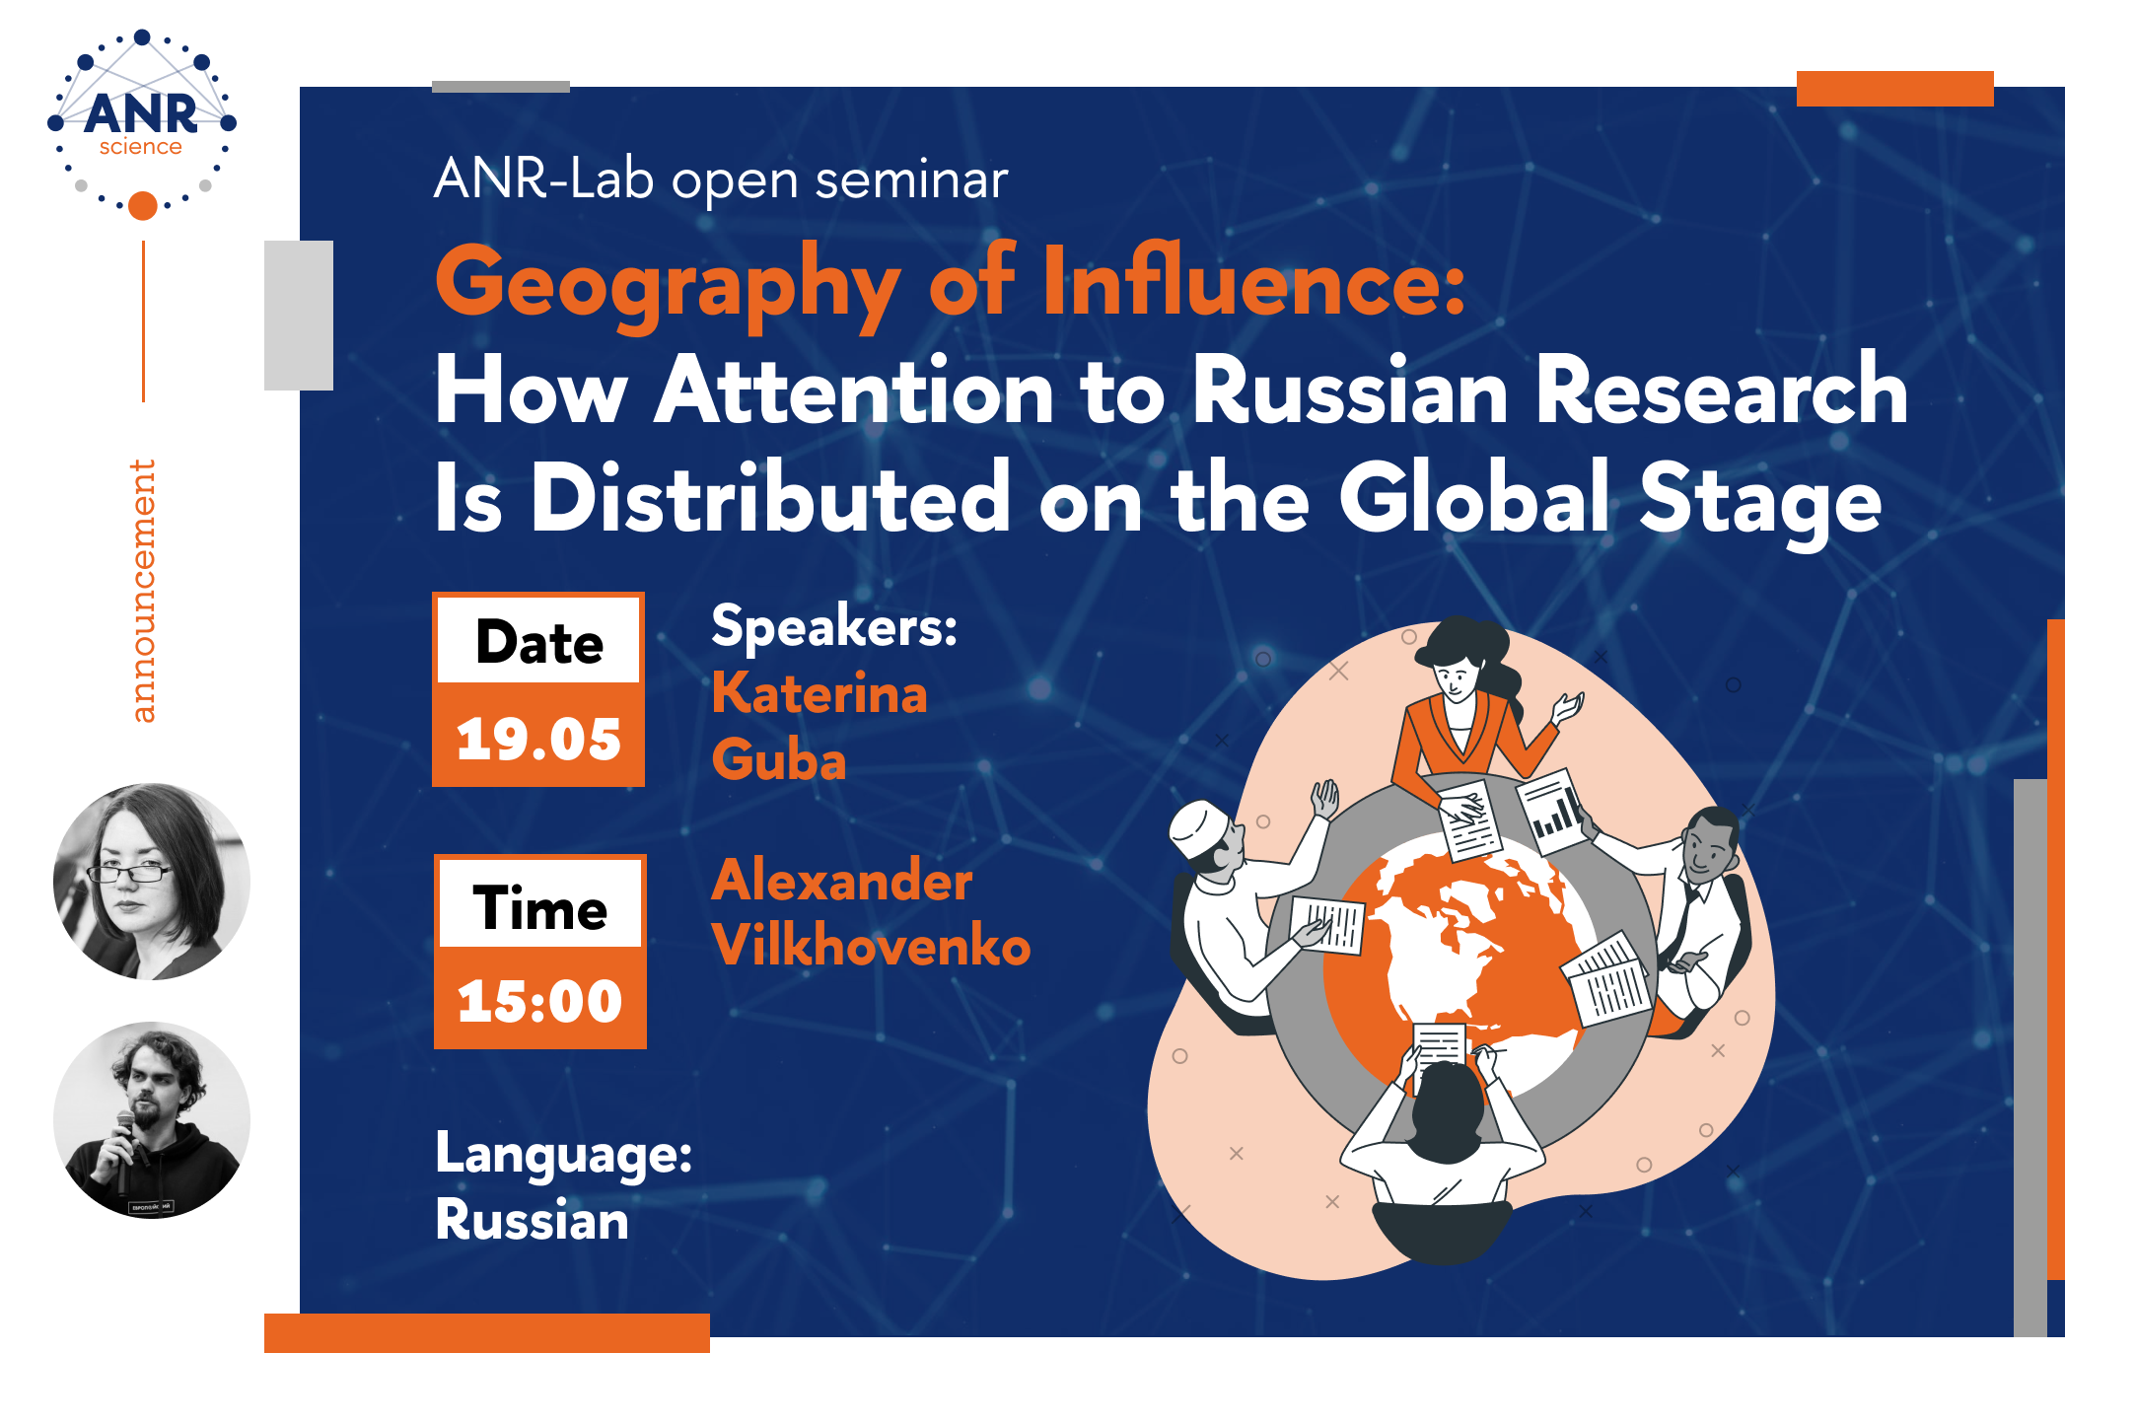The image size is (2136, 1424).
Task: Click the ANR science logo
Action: point(142,123)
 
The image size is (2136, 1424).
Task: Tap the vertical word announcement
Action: point(143,591)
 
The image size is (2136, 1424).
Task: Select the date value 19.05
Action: point(538,739)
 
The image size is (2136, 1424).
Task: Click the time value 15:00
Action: point(539,1001)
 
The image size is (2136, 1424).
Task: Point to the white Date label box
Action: point(538,641)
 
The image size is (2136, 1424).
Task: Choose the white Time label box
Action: point(540,904)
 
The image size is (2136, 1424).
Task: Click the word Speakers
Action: point(834,626)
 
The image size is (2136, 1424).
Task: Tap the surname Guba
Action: point(779,760)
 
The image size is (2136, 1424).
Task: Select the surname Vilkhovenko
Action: point(871,945)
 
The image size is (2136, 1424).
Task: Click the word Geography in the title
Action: point(668,284)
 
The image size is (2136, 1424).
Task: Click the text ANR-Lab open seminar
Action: point(721,180)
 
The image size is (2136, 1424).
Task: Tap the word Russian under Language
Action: point(532,1220)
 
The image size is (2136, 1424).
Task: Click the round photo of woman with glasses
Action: point(152,882)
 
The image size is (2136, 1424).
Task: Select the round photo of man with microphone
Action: point(152,1120)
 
